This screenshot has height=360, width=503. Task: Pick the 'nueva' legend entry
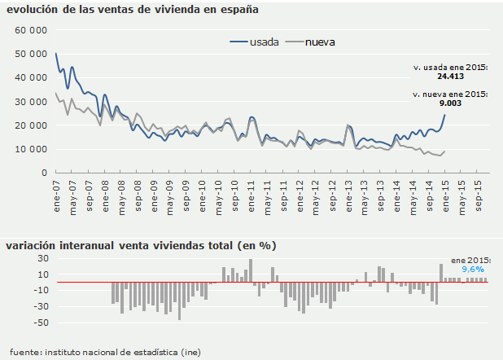(321, 42)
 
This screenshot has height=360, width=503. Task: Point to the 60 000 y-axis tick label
(31, 29)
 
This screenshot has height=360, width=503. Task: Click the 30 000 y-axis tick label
(31, 101)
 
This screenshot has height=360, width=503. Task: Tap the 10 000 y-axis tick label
(31, 149)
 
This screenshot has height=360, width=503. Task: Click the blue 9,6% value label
(473, 269)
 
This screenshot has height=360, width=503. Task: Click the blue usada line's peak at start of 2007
(56, 54)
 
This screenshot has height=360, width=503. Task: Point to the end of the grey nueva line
(444, 151)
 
